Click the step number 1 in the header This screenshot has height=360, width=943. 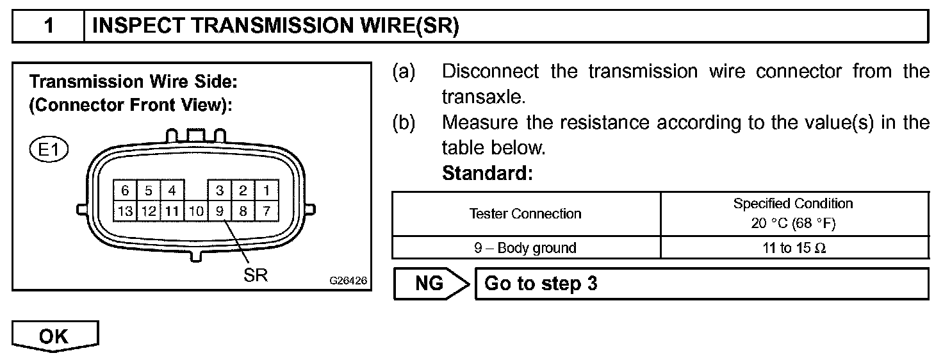pos(49,26)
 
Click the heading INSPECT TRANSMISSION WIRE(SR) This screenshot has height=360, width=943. pos(275,26)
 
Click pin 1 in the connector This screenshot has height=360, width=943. pos(266,190)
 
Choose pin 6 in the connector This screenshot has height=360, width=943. pos(125,190)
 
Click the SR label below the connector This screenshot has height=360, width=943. pos(255,275)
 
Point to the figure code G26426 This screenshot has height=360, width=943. pos(348,281)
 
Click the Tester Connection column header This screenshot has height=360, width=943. pos(525,214)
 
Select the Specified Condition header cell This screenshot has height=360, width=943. pos(793,213)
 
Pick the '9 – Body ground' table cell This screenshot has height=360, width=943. pos(525,248)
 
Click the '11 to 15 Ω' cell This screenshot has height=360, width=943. pos(794,248)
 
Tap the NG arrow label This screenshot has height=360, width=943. pos(430,283)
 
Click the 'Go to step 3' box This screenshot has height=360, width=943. pos(701,283)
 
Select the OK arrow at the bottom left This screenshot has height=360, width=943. pos(54,337)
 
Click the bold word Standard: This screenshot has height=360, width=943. pos(487,174)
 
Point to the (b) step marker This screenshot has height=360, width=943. pos(404,122)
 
